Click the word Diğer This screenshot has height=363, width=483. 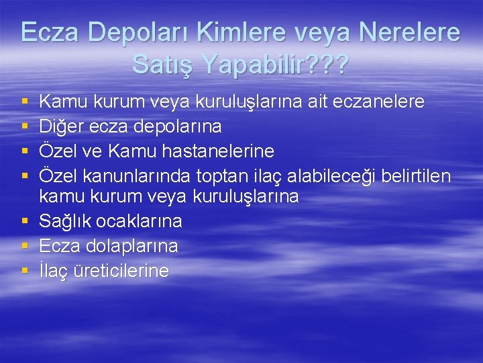pos(60,126)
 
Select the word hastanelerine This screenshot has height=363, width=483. pos(217,150)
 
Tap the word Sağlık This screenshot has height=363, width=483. pos(64,222)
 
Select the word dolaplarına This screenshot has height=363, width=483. pos(132,246)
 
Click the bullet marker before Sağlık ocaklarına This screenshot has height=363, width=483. pos(25,221)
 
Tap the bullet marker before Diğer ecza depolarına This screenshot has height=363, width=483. pos(25,126)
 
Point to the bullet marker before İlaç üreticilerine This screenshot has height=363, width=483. pos(25,270)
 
